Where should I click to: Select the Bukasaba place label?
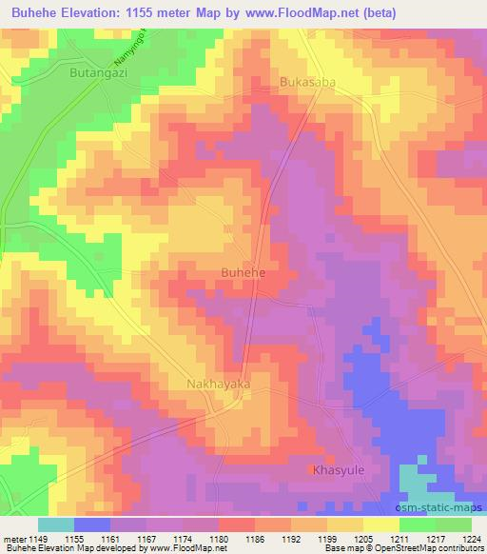(x=307, y=82)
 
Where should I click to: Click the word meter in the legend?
(x=14, y=540)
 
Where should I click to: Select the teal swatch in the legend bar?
(x=56, y=524)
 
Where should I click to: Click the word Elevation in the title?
(x=97, y=12)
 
